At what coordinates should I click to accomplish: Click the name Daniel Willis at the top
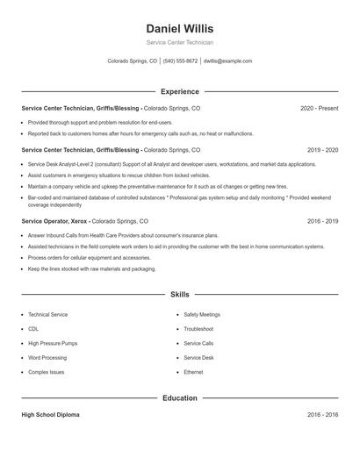coord(179,28)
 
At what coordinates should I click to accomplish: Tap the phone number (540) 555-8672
coord(180,61)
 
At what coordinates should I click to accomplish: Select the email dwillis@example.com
coord(227,61)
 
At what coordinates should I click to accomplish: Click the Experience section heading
coord(179,91)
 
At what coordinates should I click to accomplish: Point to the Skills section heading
coord(179,295)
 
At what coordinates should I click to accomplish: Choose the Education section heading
coord(179,398)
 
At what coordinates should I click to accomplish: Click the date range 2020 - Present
coord(319,108)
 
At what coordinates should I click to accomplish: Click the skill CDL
coord(33,329)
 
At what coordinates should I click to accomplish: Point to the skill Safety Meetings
coord(202,314)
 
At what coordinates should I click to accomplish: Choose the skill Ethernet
coord(193,372)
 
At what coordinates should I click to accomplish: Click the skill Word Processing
coord(47,358)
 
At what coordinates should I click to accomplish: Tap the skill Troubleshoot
coord(198,329)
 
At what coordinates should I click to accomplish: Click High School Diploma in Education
coord(50,415)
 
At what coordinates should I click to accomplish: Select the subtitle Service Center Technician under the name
coord(179,42)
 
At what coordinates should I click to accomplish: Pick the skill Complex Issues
coord(46,372)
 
